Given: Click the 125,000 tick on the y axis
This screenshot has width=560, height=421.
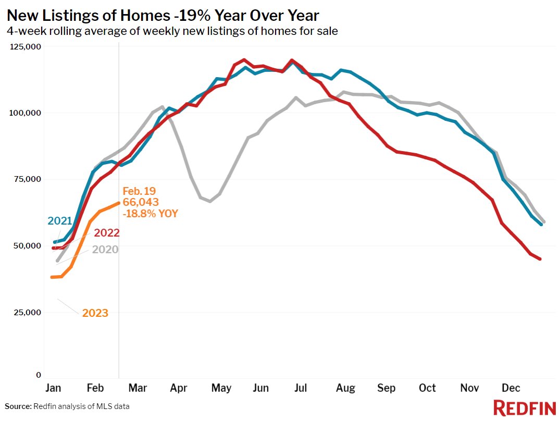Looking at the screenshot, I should point(26,47).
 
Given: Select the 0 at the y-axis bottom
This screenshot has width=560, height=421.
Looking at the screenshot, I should point(39,375).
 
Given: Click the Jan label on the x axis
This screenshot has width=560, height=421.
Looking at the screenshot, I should point(53,388).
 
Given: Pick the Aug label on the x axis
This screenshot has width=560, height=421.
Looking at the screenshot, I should point(345,388).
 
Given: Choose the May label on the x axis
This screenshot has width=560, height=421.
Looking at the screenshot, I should point(222,388).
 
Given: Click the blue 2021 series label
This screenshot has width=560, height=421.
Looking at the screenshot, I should point(59,221).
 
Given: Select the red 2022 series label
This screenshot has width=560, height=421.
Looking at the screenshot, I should point(107,233).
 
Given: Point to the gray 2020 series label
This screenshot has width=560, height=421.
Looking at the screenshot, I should point(105,250).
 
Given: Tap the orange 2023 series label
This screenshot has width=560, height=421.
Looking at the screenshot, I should point(95,313).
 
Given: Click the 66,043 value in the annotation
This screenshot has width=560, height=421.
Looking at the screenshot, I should point(141,202).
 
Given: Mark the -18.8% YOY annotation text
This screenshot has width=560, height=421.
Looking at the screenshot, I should point(150,213).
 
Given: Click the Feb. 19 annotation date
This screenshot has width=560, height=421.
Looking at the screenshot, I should point(139,191).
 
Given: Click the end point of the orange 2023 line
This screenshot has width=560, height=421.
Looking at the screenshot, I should point(119,203).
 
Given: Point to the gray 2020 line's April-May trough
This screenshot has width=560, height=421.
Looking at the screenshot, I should point(209,201).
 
